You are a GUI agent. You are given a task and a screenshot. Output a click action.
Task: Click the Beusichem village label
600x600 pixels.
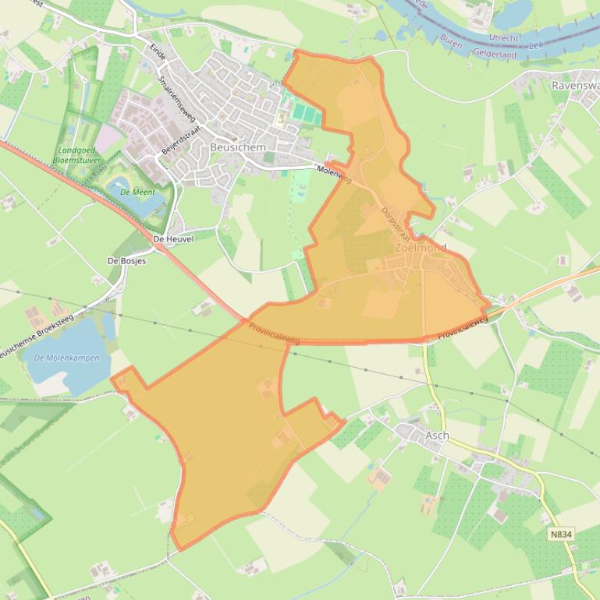[238, 146]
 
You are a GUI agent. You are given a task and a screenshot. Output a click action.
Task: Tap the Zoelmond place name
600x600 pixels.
[421, 248]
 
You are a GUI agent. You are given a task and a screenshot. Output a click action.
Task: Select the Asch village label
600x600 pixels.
[437, 435]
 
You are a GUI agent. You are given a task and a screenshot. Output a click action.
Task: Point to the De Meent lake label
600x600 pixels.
[137, 191]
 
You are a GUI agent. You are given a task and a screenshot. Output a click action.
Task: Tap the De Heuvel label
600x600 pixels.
[173, 238]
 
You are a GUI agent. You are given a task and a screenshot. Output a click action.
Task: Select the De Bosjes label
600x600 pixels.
[126, 261]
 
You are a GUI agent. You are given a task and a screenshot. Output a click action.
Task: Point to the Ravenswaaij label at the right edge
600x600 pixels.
[574, 84]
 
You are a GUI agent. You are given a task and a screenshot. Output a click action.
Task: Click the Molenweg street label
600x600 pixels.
[335, 174]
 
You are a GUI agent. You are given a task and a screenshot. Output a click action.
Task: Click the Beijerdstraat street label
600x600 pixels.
[182, 138]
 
